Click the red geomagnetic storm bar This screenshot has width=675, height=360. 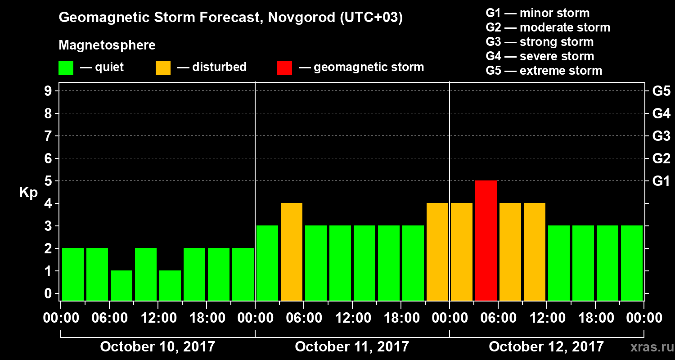[x=486, y=240]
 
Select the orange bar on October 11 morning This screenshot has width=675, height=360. [x=292, y=252]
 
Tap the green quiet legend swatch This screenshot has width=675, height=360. [x=66, y=68]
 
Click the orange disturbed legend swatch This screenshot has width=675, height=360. [x=163, y=68]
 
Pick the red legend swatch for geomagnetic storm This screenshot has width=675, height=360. [x=284, y=68]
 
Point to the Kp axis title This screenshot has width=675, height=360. [x=28, y=193]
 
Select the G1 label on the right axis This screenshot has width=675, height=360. [x=661, y=181]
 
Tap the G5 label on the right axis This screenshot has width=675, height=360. [x=661, y=91]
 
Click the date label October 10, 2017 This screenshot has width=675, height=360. [x=157, y=347]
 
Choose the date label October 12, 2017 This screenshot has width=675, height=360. [x=546, y=347]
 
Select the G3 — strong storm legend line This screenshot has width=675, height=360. [x=540, y=42]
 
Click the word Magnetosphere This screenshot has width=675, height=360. [x=107, y=45]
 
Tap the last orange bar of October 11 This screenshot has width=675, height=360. [x=437, y=252]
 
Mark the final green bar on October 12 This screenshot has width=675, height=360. [x=632, y=263]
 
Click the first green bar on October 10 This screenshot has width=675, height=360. [x=73, y=274]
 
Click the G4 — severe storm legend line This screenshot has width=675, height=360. [x=540, y=56]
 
